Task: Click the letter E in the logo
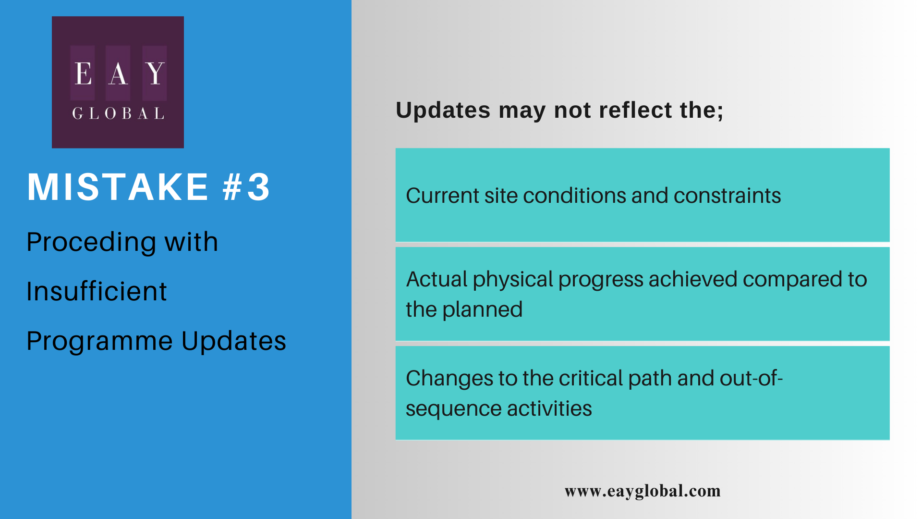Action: coord(83,74)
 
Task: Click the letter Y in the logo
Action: coord(155,74)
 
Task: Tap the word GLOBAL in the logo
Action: coord(118,113)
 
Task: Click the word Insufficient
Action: coord(97,291)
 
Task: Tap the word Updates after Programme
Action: coord(234,341)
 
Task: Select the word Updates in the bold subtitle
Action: coord(443,111)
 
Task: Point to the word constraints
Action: coord(727,196)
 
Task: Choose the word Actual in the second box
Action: coord(437,279)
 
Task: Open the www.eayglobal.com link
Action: coord(643,491)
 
